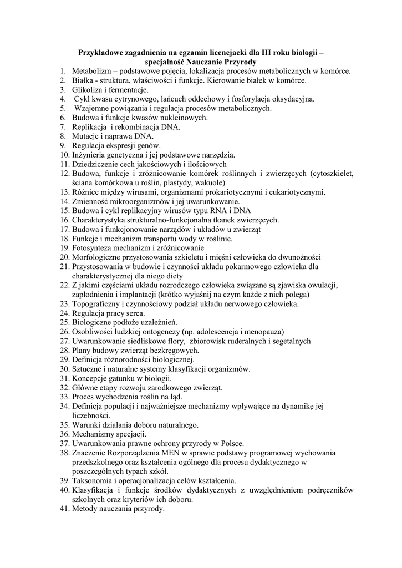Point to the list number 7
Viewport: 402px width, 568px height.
63,127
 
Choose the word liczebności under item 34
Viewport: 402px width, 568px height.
90,415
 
